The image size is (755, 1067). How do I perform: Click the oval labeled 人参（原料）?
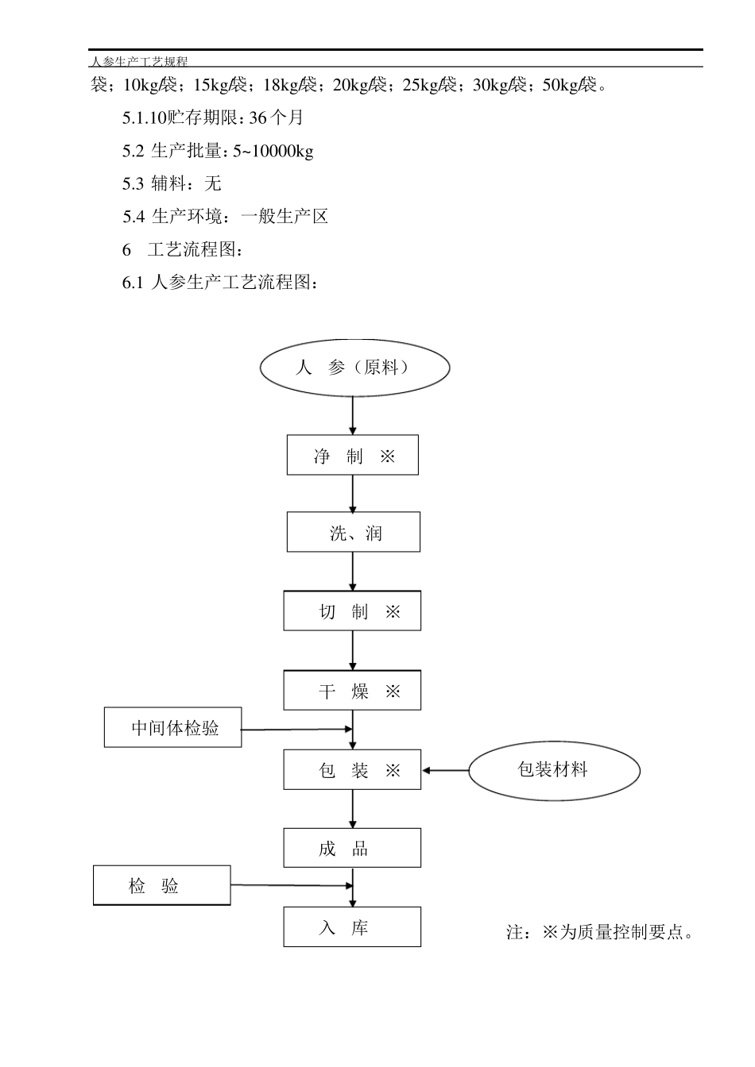pyautogui.click(x=354, y=368)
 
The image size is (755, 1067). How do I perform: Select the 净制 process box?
pyautogui.click(x=352, y=456)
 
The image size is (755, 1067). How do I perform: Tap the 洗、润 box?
pyautogui.click(x=353, y=533)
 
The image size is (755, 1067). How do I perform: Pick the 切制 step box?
pyautogui.click(x=352, y=611)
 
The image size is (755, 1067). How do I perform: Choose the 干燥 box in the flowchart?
pyautogui.click(x=352, y=691)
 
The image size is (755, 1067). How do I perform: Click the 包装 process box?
pyautogui.click(x=352, y=770)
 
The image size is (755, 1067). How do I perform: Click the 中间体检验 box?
pyautogui.click(x=173, y=727)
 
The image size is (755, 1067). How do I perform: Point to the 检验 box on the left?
pyautogui.click(x=162, y=886)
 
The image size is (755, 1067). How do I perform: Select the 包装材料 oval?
pyautogui.click(x=553, y=769)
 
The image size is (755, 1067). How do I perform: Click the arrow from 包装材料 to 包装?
pyautogui.click(x=445, y=770)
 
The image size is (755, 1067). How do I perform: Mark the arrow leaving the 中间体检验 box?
pyautogui.click(x=296, y=729)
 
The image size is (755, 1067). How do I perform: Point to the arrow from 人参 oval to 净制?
pyautogui.click(x=353, y=414)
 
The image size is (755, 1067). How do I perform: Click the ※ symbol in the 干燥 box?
pyautogui.click(x=393, y=691)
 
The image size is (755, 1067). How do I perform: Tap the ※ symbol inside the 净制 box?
pyautogui.click(x=387, y=456)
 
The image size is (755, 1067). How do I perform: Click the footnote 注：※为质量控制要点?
pyautogui.click(x=600, y=932)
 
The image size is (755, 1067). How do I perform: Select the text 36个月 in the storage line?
pyautogui.click(x=276, y=117)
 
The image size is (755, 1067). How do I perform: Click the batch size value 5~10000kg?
pyautogui.click(x=273, y=151)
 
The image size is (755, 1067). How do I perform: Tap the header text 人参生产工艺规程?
pyautogui.click(x=139, y=61)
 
